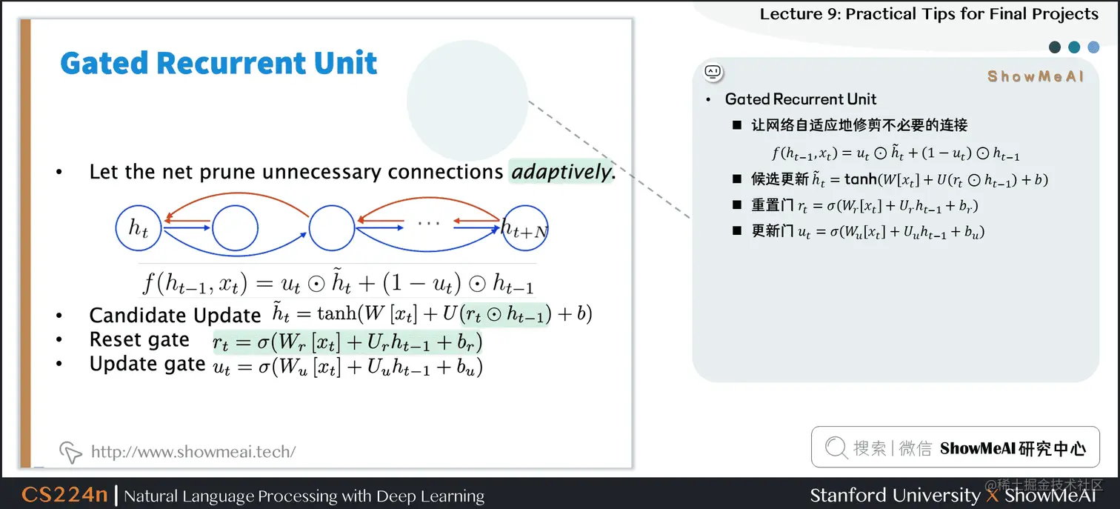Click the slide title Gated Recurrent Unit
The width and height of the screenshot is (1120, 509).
(x=219, y=64)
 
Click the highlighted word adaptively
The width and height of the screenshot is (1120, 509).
(x=561, y=172)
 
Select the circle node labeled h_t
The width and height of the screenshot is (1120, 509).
(x=139, y=227)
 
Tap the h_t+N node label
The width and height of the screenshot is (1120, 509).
(x=524, y=229)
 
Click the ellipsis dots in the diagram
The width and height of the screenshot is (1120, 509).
(x=428, y=222)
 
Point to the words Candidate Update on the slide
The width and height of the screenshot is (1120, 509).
(x=175, y=316)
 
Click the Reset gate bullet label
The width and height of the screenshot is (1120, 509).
(x=139, y=340)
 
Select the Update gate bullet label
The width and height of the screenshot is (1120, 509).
(x=147, y=364)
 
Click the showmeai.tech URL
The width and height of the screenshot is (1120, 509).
(x=193, y=451)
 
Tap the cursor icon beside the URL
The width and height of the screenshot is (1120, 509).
(x=70, y=451)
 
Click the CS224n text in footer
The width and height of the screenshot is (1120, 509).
(x=64, y=495)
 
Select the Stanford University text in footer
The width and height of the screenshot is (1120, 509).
(x=894, y=495)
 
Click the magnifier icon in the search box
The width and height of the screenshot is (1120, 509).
(x=836, y=448)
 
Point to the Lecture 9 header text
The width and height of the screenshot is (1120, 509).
(x=929, y=14)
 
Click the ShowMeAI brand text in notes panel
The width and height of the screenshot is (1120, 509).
(x=1035, y=76)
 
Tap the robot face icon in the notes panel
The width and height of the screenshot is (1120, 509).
(x=713, y=72)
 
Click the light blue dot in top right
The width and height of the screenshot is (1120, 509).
(x=1093, y=47)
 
